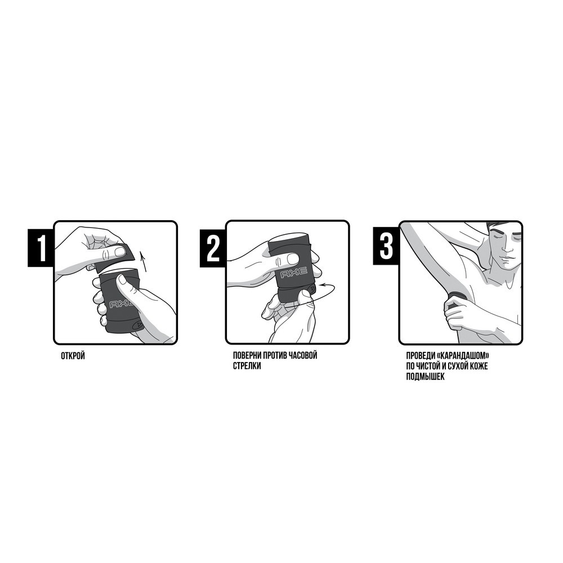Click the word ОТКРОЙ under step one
73,356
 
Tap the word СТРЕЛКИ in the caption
247,366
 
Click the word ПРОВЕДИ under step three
421,355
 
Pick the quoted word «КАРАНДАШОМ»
463,355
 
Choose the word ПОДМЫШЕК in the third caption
425,377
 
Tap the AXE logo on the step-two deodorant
294,272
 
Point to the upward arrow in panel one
143,261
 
